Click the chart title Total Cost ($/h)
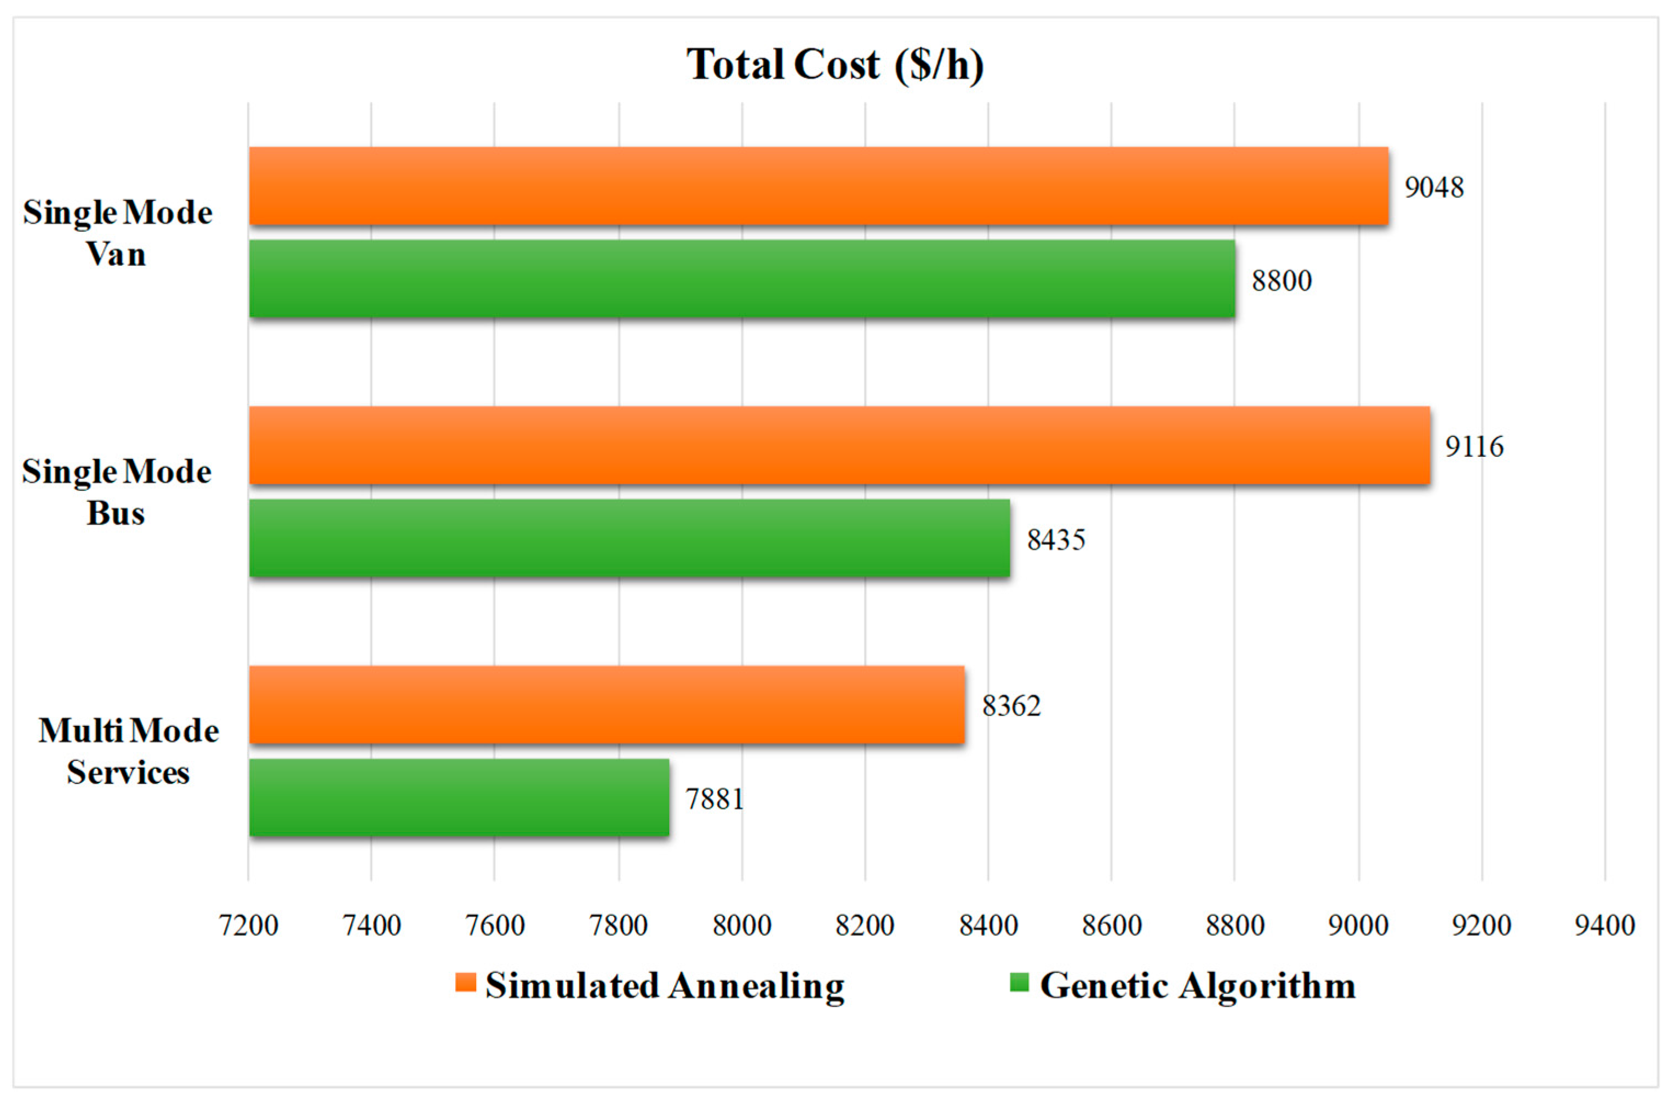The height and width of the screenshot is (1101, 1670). (834, 65)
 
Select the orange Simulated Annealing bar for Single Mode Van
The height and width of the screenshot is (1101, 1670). (818, 186)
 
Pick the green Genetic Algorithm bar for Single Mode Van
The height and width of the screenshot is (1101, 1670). (742, 279)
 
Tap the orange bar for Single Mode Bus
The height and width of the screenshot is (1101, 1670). (839, 445)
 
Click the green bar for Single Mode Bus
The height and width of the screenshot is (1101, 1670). (630, 538)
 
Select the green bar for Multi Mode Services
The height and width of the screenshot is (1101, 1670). (459, 798)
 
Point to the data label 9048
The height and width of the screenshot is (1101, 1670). (1433, 188)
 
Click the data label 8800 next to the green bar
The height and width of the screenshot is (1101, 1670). (1282, 281)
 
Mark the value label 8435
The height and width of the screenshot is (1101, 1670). (1056, 540)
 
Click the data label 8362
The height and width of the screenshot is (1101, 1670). (1011, 706)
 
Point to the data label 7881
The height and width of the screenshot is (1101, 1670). (714, 799)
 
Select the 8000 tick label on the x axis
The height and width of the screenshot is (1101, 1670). (742, 926)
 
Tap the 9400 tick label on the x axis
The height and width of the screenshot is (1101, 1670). (1605, 926)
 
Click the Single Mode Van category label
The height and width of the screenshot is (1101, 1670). (117, 232)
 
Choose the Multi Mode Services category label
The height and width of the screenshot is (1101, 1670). (128, 751)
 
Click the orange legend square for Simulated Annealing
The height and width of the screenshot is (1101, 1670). (465, 983)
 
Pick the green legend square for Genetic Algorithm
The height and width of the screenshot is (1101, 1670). (1019, 983)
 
